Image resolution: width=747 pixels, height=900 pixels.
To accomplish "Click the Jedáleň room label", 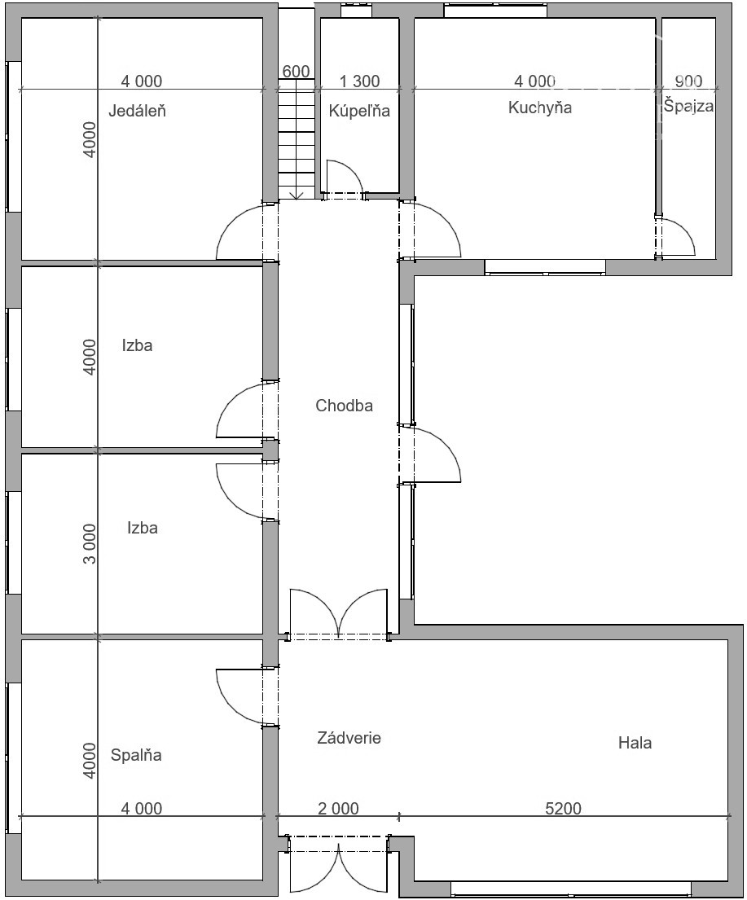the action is coord(137,110).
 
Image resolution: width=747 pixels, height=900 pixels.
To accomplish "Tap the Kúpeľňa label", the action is coord(359,110).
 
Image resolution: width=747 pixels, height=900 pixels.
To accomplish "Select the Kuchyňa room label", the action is coord(540,108).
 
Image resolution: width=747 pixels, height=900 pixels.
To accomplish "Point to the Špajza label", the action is coord(689,106).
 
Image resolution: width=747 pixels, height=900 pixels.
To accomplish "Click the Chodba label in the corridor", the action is coord(344,406).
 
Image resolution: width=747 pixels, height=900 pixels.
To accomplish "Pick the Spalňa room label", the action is coord(136,755).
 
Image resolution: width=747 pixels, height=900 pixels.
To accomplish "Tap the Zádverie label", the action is coord(349,738).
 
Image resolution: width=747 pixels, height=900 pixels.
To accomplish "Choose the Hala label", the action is coord(635,743).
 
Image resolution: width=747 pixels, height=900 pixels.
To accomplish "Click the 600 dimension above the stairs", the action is coord(297,71).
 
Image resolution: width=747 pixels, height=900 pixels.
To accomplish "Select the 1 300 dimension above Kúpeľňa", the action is coord(359,81).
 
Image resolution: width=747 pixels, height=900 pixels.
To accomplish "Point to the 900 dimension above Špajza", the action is coord(688,81).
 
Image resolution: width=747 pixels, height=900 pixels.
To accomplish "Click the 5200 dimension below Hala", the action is coord(563,808).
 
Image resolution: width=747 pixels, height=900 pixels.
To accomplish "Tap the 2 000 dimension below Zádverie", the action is coord(339,808).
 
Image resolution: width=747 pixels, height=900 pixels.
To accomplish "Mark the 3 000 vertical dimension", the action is coord(90,543).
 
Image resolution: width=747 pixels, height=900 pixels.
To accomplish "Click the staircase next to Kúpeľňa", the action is coord(297,139).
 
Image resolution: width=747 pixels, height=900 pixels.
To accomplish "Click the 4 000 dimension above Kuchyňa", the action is coord(534,81).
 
